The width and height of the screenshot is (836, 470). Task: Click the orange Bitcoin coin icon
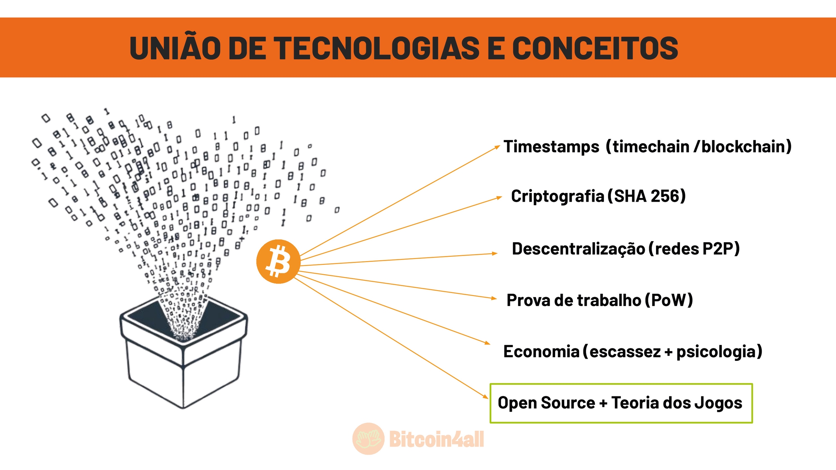pos(278,261)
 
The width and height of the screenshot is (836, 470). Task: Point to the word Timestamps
pos(551,147)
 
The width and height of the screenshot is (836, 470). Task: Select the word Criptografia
pos(557,196)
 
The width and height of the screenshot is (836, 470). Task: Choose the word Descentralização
pos(578,249)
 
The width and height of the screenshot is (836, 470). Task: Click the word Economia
pos(541,351)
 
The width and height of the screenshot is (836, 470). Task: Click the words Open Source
pos(546,403)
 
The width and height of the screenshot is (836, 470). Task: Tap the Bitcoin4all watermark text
pos(437,439)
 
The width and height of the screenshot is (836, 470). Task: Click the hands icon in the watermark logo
pos(368,439)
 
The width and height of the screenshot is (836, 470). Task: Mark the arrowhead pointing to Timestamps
pos(497,147)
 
